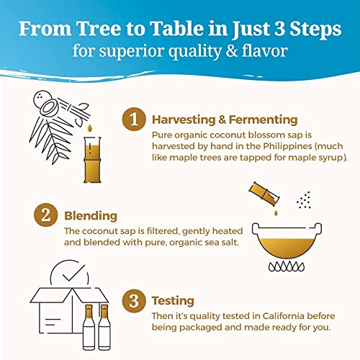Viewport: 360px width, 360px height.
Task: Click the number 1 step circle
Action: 134,119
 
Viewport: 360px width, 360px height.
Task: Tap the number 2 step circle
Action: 46,215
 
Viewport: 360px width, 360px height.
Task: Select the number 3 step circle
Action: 134,300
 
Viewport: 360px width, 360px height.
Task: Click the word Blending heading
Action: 91,216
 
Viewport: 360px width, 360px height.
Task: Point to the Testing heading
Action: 173,301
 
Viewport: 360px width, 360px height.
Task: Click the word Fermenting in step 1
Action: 263,120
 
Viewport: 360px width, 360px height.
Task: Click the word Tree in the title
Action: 99,29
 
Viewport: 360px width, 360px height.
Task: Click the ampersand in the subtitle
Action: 232,51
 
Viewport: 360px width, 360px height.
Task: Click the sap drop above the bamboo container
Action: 89,128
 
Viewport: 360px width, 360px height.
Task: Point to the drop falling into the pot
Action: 276,212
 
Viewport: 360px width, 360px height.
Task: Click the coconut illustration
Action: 46,103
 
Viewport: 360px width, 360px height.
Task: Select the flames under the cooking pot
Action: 287,266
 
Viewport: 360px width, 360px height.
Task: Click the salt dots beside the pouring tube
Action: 304,200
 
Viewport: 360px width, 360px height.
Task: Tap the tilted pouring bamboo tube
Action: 264,194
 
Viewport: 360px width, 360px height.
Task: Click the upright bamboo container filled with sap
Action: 92,160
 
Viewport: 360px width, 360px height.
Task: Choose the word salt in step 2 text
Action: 230,242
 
